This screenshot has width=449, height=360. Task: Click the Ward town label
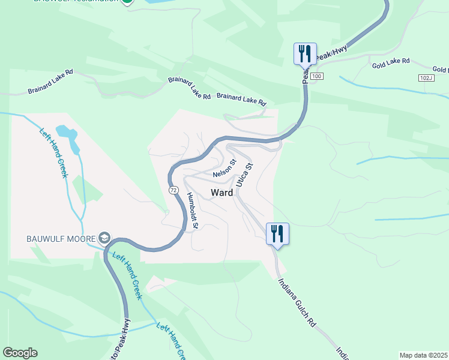pos(221,193)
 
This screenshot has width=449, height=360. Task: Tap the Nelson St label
pos(224,170)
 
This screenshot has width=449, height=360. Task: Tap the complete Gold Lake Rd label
pos(390,61)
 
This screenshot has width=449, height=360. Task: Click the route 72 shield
pos(173,190)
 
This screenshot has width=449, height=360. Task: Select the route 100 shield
pos(317,76)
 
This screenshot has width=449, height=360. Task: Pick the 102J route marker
pos(426,78)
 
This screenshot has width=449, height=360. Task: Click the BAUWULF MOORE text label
pos(60,238)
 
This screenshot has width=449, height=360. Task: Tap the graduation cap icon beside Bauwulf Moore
pos(104,238)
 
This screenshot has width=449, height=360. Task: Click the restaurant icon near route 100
pos(305,54)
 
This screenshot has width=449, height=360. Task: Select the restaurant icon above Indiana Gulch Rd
pos(277,233)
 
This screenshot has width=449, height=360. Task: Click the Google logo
pos(20,353)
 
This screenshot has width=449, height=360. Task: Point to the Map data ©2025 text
pos(423,355)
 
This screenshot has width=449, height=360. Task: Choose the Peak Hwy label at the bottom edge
pos(122,340)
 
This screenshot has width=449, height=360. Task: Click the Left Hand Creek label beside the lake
pos(54,154)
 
